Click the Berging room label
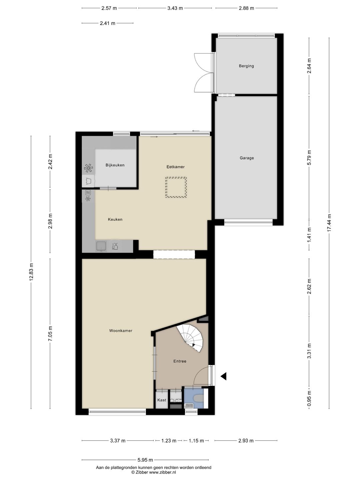coord(246,66)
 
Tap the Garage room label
coord(247,158)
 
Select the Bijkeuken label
coord(115,165)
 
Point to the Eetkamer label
coord(176,167)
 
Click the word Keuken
coord(115,219)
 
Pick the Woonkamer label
coord(121,331)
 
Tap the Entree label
coord(180,361)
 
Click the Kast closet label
coord(162,400)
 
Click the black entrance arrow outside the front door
coord(224,376)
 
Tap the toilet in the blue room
coord(199,398)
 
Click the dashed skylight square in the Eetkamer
coord(176,187)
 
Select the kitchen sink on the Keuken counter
coord(101,246)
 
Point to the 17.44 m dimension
coord(329,223)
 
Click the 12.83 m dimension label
coord(31,272)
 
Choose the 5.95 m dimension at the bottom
coord(145,460)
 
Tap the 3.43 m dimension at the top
coord(175,8)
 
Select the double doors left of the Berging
coord(203,72)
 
